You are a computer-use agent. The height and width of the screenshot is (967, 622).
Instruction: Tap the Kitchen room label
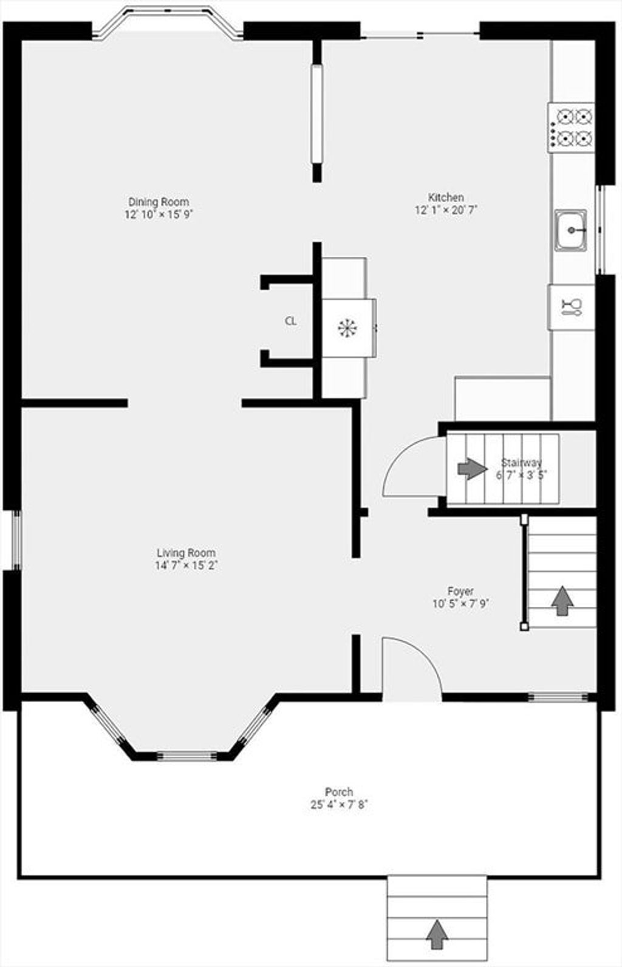446,197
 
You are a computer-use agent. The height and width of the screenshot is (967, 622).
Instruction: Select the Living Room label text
186,553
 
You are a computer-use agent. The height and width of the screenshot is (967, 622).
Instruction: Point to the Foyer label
460,591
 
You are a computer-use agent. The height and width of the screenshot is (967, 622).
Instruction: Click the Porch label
339,792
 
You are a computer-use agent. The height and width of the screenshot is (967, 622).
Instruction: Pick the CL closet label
291,321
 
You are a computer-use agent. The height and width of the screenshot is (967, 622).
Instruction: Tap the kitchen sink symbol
570,230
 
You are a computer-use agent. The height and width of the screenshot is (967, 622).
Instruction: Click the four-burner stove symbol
571,128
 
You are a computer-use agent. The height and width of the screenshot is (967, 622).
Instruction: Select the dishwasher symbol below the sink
571,307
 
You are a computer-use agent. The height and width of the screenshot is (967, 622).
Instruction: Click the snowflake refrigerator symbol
347,328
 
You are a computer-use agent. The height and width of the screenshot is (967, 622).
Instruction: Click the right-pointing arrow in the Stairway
472,469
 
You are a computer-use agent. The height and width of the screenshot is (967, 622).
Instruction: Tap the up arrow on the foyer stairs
562,601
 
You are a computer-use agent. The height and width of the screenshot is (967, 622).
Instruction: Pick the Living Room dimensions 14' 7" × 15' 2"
186,565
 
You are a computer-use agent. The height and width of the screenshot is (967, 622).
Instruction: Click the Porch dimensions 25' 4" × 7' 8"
339,805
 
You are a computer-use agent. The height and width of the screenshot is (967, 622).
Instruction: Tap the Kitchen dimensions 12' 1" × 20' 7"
446,210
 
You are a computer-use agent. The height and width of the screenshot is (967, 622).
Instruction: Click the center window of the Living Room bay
186,756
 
